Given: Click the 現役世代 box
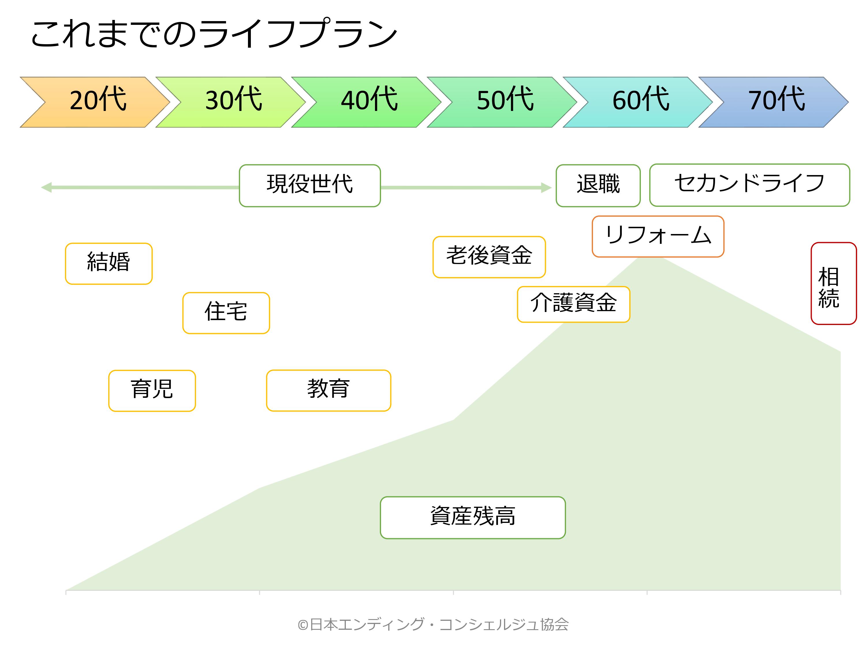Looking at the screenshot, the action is pos(310,186).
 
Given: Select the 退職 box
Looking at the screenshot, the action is pos(598,186).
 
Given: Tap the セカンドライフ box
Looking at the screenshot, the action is pos(749,185).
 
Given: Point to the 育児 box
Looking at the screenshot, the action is pos(152,391).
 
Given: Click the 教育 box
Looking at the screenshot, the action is pos(329,391).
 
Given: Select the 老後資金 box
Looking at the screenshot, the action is pos(489,257).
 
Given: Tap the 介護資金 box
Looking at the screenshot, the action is pos(573,304).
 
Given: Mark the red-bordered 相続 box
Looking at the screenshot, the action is pos(833,284).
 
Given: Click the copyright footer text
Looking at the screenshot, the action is pos(433,624).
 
